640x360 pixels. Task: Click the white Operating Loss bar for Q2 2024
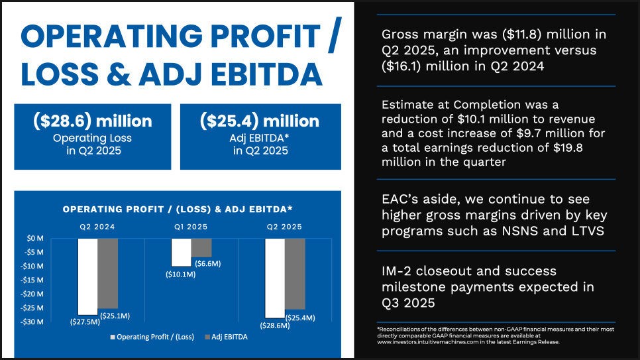(x=87, y=276)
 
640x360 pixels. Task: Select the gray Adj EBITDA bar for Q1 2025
(x=201, y=248)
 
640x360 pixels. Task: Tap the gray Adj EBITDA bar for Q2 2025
(x=295, y=274)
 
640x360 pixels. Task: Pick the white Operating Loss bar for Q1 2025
(x=182, y=253)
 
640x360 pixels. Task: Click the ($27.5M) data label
(x=85, y=322)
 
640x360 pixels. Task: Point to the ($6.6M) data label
(x=208, y=264)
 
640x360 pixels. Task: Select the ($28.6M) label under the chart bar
(x=275, y=326)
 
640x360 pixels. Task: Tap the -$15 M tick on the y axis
(x=32, y=280)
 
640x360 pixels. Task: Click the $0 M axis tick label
(x=35, y=238)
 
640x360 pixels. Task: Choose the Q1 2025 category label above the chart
(x=191, y=227)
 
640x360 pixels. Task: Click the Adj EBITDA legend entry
(x=226, y=337)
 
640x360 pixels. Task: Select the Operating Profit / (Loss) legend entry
(x=152, y=337)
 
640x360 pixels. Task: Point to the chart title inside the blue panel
(x=178, y=210)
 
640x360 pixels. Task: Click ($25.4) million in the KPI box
(x=260, y=121)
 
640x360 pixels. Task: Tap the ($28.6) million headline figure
(x=93, y=121)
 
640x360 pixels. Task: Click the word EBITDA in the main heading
(x=267, y=74)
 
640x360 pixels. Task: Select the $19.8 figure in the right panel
(x=568, y=148)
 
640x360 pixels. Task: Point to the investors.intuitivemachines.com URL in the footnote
(x=427, y=342)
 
